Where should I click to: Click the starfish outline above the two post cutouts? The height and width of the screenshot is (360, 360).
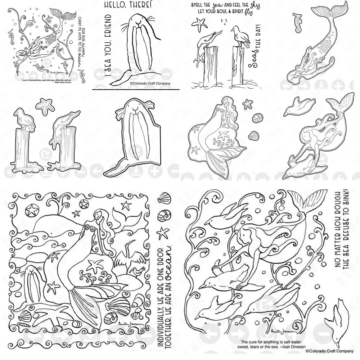pos(45,105)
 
